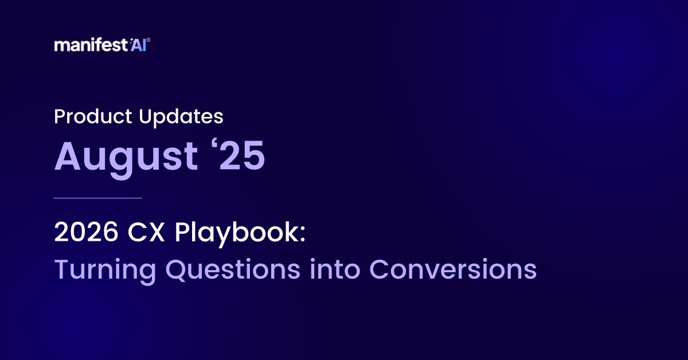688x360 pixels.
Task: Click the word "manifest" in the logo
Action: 81,45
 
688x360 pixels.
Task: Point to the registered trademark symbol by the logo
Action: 149,41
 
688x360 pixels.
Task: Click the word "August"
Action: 123,156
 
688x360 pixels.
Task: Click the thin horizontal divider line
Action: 97,198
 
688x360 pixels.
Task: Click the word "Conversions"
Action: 452,269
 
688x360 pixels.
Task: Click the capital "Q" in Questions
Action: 177,270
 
